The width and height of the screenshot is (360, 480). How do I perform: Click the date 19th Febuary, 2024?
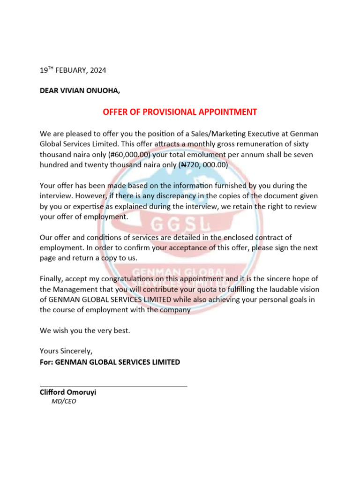73,70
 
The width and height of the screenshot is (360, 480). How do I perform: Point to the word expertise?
89,207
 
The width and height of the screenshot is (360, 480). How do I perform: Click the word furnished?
210,186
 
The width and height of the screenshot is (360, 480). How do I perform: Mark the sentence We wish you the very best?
85,330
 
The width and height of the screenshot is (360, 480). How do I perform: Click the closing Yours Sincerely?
66,351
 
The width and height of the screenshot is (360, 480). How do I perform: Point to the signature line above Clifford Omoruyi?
113,385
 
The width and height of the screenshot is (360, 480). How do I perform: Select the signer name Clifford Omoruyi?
68,392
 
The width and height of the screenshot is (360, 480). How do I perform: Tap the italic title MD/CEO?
64,401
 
